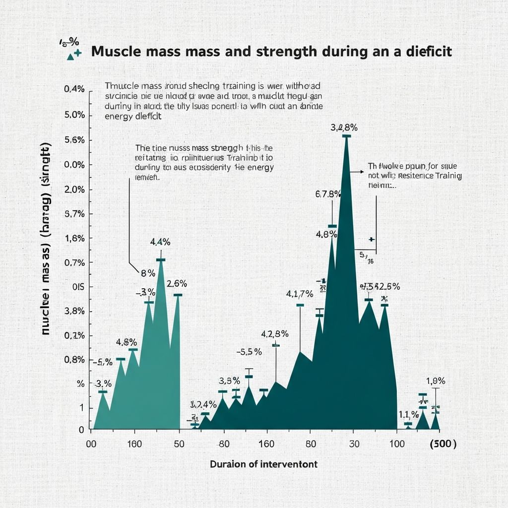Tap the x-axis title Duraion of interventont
point(263,464)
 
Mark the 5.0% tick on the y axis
point(75,115)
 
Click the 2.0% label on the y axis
point(75,190)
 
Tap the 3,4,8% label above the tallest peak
point(344,128)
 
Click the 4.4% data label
point(160,242)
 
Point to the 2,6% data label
point(177,284)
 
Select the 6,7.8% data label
point(328,194)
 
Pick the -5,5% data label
point(249,352)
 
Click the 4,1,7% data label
point(300,294)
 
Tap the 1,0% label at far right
point(436,381)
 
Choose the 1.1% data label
point(407,414)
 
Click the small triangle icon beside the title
point(70,57)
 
